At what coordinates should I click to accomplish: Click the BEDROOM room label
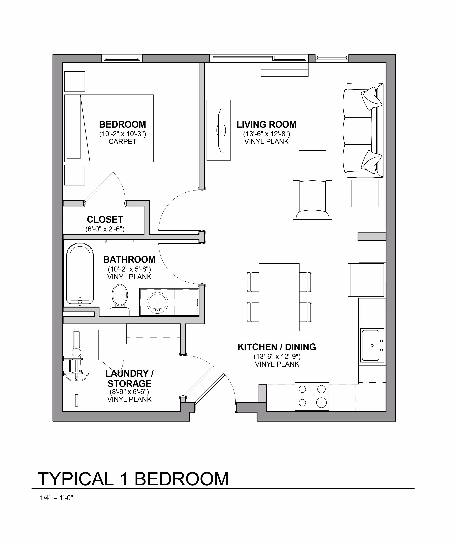(x=122, y=125)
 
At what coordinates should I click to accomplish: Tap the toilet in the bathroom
(x=120, y=300)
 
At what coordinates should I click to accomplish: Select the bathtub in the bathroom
(x=80, y=273)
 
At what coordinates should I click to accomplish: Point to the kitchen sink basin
(x=371, y=345)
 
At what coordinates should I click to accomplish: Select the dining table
(x=279, y=297)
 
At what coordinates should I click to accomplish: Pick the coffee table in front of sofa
(x=312, y=130)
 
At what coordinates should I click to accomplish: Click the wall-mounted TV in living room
(x=221, y=130)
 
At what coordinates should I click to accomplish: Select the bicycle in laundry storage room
(x=76, y=367)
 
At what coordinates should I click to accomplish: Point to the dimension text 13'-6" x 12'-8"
(x=266, y=134)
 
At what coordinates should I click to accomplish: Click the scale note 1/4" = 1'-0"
(x=56, y=498)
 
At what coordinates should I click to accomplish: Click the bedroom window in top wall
(x=122, y=59)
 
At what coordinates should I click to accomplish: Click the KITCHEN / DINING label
(x=277, y=347)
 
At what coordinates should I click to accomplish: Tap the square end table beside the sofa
(x=364, y=194)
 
